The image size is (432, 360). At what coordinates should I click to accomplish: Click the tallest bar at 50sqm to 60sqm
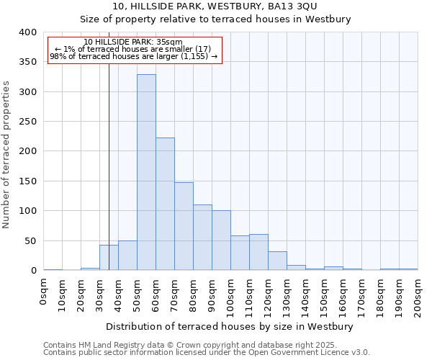[x=146, y=173]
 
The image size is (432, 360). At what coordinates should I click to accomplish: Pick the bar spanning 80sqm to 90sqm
[x=202, y=238]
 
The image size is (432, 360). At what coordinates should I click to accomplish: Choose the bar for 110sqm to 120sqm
[x=258, y=253]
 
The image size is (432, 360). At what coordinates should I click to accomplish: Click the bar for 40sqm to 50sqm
[x=127, y=256]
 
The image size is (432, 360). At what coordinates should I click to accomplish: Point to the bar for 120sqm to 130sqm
[x=277, y=261]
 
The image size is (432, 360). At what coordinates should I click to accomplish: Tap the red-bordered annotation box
[x=134, y=50]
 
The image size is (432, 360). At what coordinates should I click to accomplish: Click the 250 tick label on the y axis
[x=27, y=122]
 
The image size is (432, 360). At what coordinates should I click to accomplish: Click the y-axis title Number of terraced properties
[x=6, y=154]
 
